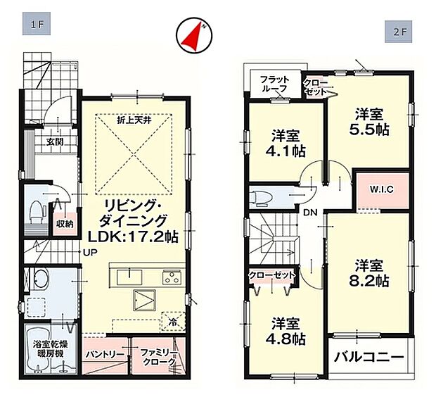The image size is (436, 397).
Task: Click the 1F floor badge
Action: [x=37, y=24]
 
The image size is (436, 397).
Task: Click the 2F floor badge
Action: [x=399, y=32]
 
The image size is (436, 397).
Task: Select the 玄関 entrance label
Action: [x=55, y=141]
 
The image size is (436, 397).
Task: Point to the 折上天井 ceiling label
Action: [x=134, y=120]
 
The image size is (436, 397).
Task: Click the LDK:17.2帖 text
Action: [x=133, y=237]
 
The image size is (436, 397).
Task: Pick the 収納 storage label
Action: [x=65, y=224]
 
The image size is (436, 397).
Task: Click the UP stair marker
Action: [x=91, y=253]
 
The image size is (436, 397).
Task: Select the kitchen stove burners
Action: [x=172, y=277]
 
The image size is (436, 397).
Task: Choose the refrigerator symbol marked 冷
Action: [x=174, y=322]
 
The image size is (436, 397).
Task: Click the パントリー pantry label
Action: [x=105, y=354]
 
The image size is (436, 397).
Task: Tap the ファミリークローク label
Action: [x=158, y=357]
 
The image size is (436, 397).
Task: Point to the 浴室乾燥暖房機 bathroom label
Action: [x=50, y=349]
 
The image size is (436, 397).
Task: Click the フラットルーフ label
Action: [x=275, y=84]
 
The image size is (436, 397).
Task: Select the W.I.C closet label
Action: [x=381, y=189]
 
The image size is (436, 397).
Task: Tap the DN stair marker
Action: [x=310, y=213]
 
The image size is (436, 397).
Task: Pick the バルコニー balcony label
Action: [x=369, y=357]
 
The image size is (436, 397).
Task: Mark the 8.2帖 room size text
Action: [x=369, y=281]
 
